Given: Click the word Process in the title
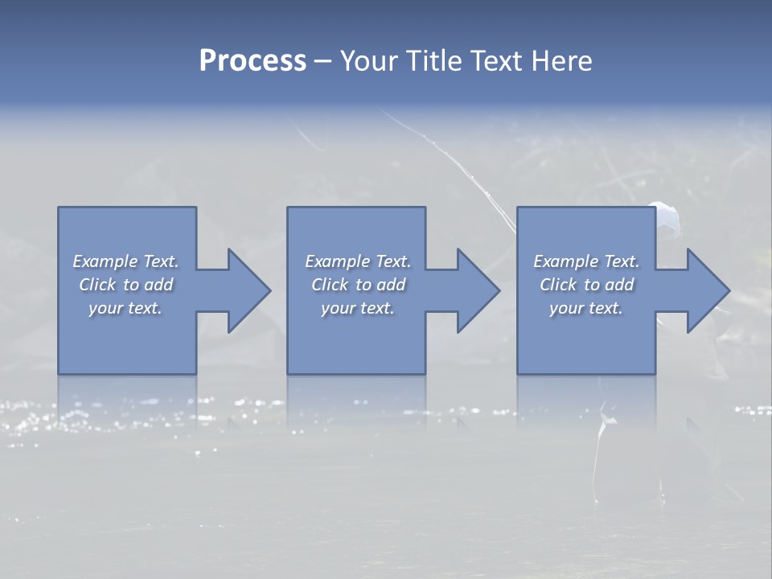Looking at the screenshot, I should (x=253, y=61).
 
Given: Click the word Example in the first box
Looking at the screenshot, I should (x=105, y=261).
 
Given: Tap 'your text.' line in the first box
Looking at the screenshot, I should (x=125, y=308).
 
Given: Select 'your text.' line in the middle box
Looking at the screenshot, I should (x=358, y=308).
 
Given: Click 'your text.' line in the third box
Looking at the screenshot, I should (x=586, y=308).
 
